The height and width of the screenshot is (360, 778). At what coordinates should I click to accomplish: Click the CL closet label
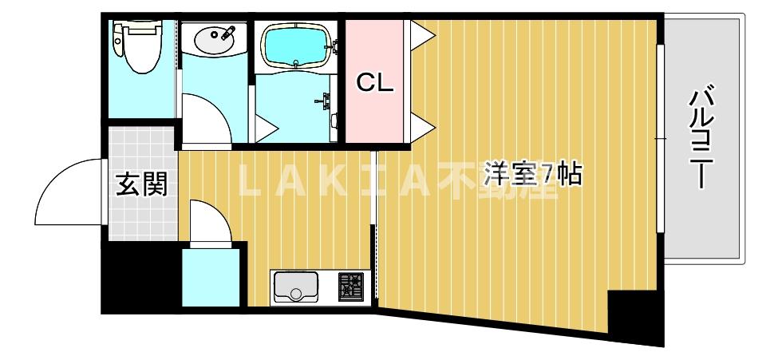(374, 82)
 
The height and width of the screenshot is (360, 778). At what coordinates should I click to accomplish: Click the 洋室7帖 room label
(533, 173)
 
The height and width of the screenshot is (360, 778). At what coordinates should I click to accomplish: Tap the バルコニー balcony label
(702, 140)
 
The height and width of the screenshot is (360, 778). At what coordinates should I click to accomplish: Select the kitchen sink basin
(295, 287)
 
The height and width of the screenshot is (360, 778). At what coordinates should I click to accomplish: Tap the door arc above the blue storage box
(210, 220)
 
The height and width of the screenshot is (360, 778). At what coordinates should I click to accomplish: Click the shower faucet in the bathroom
(326, 100)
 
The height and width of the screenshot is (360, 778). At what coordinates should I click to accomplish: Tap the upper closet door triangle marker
(421, 33)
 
